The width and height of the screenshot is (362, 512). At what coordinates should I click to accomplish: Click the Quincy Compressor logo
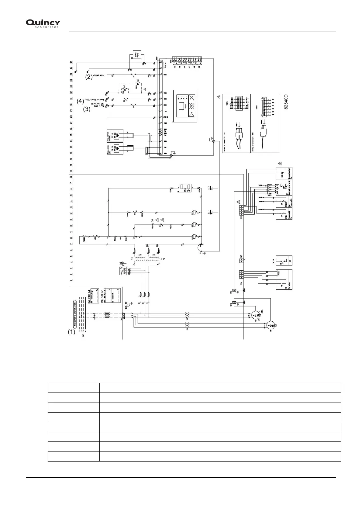coord(43,23)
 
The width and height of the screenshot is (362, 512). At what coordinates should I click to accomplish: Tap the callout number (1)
coord(71,332)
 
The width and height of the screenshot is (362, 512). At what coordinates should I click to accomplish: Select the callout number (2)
coord(88,77)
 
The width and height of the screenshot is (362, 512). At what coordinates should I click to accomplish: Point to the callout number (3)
coord(87,110)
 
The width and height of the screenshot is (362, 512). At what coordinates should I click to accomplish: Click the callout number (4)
coord(80,101)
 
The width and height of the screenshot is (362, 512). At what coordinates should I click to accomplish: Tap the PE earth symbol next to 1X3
coord(128,304)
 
